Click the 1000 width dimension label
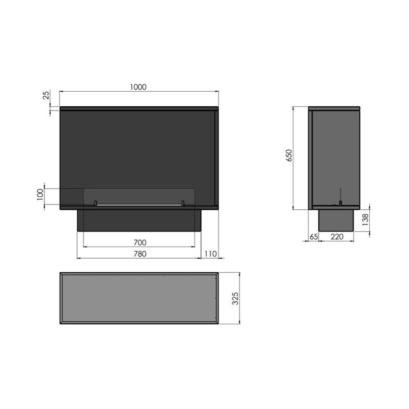pos(138,87)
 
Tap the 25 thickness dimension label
pos(46,95)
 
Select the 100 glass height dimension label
pos(40,195)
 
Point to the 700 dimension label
pos(140,242)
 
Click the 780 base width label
pos(140,254)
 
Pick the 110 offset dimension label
pos(210,254)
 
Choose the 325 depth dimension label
pos(235,299)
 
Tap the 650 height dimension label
pos(289,155)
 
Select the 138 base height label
pos(365,220)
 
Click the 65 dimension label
pos(314,237)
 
